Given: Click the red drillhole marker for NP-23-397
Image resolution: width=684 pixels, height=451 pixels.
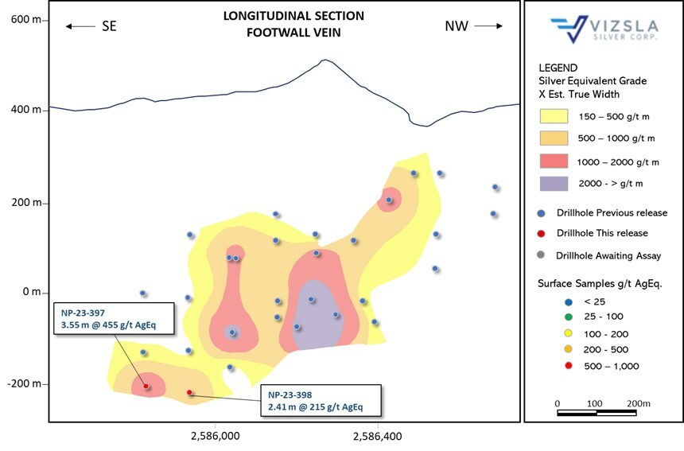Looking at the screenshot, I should (x=146, y=386).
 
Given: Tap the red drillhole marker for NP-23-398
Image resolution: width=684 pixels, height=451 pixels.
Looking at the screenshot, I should (x=189, y=392).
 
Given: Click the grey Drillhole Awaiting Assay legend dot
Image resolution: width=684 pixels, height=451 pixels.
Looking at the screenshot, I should (x=542, y=255).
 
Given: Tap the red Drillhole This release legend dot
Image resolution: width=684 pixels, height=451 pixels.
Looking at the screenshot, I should (x=542, y=233).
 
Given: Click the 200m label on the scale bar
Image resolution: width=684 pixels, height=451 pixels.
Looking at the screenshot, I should (x=638, y=403).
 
